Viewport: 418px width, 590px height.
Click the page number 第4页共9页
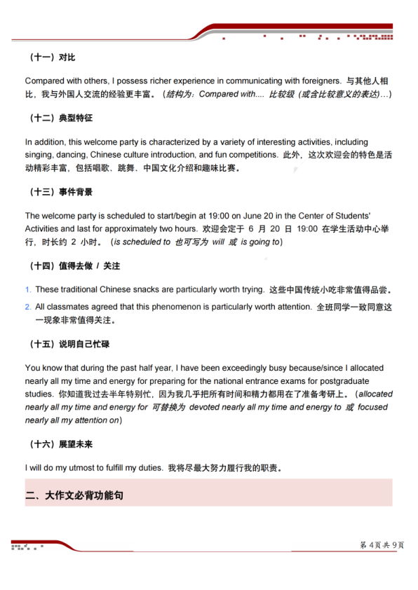[x=382, y=545]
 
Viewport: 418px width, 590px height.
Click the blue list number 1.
[x=28, y=289]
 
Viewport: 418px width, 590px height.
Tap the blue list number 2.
[x=28, y=307]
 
